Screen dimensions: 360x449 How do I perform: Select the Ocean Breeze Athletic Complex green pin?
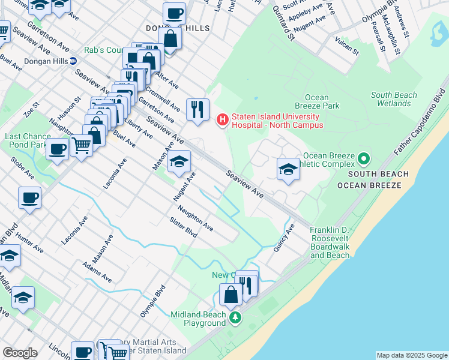(363, 160)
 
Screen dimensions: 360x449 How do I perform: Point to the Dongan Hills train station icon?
(73, 61)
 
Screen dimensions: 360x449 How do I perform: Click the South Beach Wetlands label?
(394, 99)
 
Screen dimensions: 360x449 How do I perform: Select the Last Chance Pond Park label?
(26, 140)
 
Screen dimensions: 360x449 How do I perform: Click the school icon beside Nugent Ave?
(179, 162)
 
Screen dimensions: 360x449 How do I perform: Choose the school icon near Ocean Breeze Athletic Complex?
(288, 169)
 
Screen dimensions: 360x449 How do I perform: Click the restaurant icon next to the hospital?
(197, 110)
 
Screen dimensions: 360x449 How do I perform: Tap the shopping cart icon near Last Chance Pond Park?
(81, 145)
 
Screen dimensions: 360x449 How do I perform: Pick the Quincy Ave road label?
(286, 238)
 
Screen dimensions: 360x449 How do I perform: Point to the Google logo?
(20, 353)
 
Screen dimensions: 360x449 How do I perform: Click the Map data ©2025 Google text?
(412, 355)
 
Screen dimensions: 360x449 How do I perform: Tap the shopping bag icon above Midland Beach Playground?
(231, 295)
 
